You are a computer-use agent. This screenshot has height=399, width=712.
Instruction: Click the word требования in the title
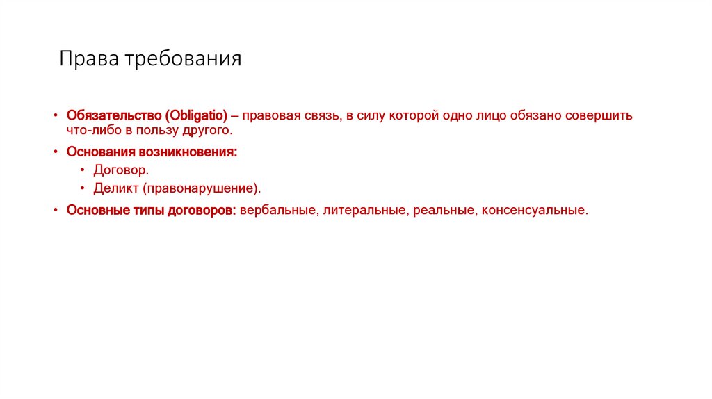pyautogui.click(x=184, y=59)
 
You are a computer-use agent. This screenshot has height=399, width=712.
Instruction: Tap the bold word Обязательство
pyautogui.click(x=113, y=115)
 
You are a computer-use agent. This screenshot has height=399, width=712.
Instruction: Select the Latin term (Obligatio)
pyautogui.click(x=197, y=115)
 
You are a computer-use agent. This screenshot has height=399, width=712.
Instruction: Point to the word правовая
pyautogui.click(x=273, y=115)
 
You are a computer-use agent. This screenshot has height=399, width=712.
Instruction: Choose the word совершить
pyautogui.click(x=601, y=115)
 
